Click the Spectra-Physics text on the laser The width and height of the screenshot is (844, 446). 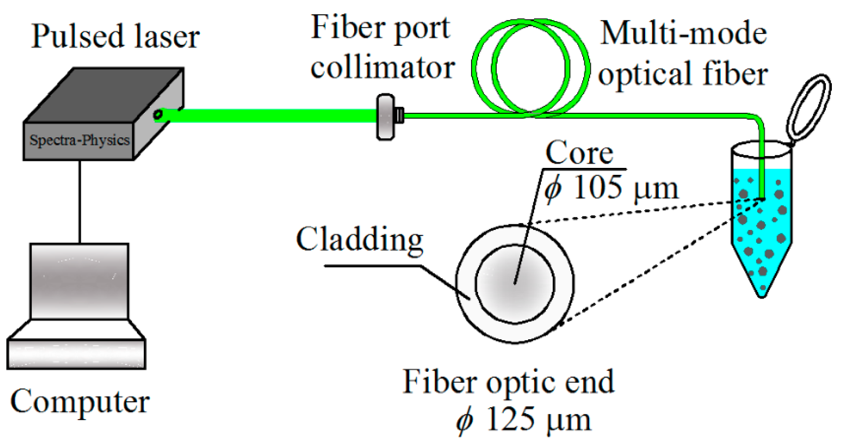click(79, 140)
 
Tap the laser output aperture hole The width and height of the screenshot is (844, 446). click(158, 115)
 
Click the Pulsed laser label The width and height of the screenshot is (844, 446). click(115, 36)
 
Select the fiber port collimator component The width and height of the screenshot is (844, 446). click(385, 117)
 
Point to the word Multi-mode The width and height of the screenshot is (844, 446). click(684, 34)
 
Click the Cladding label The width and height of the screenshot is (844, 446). click(359, 239)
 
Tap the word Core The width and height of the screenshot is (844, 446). click(579, 153)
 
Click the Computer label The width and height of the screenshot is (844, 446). click(80, 402)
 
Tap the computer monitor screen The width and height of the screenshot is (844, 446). click(79, 281)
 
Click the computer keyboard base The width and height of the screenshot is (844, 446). click(76, 354)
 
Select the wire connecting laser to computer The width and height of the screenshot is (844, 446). click(80, 202)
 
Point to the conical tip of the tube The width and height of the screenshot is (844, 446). click(762, 286)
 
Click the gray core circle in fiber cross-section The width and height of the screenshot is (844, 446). click(515, 284)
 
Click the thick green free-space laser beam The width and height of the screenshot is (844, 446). click(269, 116)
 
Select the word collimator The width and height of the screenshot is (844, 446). click(382, 68)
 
